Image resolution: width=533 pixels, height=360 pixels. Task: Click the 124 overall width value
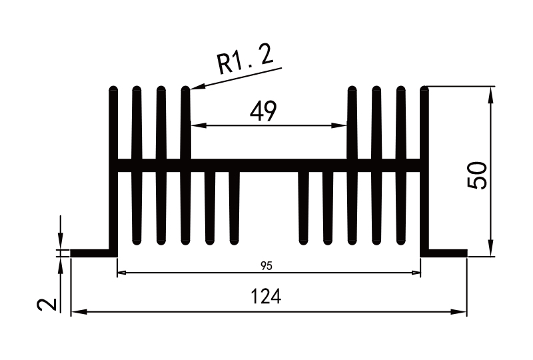[x=266, y=297]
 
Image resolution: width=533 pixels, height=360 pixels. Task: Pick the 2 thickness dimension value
[x=46, y=305]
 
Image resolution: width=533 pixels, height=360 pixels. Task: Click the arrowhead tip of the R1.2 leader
[x=193, y=88]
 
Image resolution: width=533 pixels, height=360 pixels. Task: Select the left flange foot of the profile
[x=92, y=253]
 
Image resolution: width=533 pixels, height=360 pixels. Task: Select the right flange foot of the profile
[x=445, y=253]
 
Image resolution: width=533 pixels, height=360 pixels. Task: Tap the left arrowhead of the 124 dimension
[x=75, y=311]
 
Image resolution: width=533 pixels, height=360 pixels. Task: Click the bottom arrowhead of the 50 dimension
[x=491, y=251]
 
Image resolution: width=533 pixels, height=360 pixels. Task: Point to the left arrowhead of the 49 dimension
[x=195, y=125]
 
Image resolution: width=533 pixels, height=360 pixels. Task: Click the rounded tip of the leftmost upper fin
[x=113, y=90]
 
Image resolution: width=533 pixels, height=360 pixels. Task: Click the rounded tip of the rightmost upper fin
[x=424, y=90]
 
